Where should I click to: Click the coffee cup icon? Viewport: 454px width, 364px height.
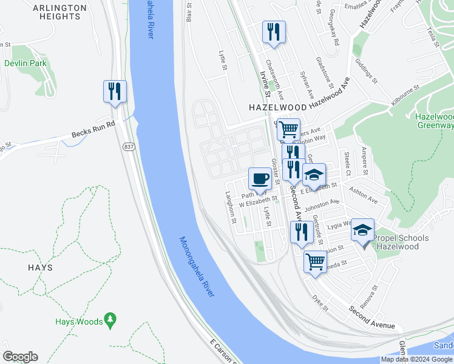[x=260, y=179]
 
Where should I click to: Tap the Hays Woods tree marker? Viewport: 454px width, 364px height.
[x=110, y=318]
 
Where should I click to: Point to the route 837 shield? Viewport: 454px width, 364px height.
[x=129, y=148]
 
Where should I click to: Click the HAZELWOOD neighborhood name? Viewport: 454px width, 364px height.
[x=276, y=107]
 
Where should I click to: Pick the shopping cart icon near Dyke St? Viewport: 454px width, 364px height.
[x=315, y=262]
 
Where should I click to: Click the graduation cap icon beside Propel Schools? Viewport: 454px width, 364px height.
[x=363, y=231]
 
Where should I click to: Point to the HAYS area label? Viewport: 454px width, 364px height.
[x=39, y=267]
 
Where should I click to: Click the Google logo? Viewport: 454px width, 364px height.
[x=20, y=357]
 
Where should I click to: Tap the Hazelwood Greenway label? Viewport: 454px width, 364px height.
[x=434, y=121]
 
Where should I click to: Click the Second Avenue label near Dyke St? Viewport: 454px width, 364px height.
[x=371, y=317]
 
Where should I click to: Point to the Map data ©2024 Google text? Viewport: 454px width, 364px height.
[x=417, y=359]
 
